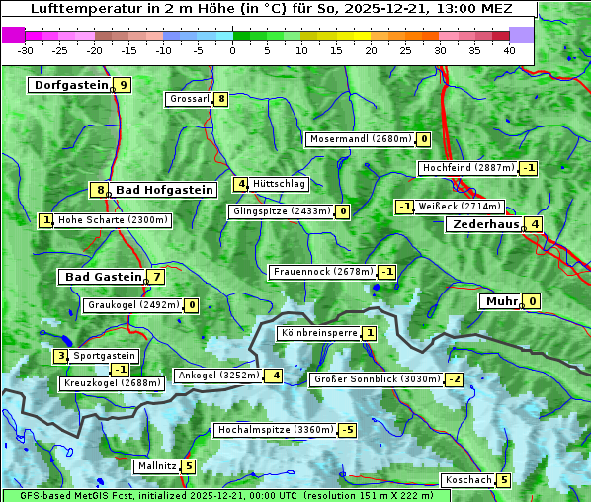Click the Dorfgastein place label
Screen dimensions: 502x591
point(70,85)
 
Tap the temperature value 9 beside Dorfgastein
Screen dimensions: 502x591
point(123,85)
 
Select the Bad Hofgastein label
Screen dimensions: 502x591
point(164,189)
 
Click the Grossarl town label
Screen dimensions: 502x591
point(190,99)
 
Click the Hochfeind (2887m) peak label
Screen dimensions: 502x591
point(467,168)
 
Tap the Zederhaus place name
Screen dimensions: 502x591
point(484,224)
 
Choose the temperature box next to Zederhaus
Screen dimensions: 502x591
point(534,224)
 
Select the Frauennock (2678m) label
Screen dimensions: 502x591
point(322,272)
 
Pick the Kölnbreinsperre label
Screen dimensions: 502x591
point(317,334)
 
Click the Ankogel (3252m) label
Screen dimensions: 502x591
point(217,376)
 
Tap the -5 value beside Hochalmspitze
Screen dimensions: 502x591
point(347,430)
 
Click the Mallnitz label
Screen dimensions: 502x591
point(157,465)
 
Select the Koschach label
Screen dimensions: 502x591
point(468,480)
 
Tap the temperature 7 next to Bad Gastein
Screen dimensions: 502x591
point(156,277)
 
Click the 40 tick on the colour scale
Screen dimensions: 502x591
point(509,49)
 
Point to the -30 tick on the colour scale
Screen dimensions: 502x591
point(26,49)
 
